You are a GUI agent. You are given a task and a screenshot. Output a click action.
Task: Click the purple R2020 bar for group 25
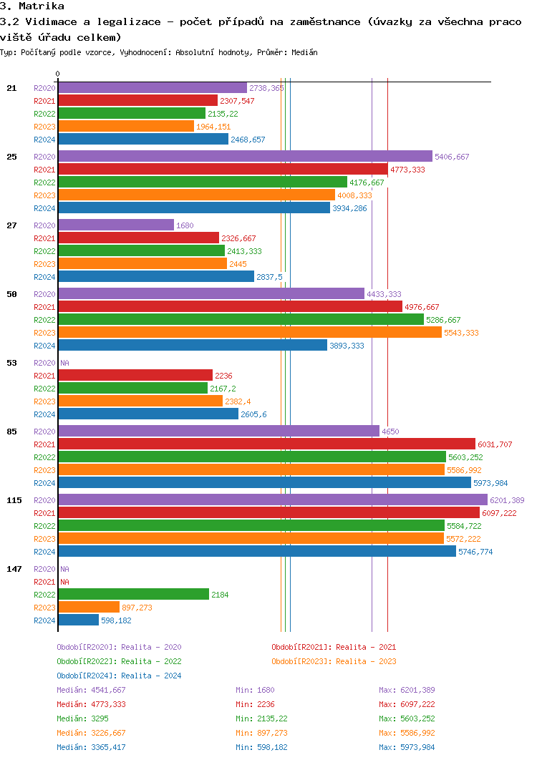[x=245, y=156]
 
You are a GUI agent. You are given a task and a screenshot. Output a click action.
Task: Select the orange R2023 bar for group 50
[x=250, y=333]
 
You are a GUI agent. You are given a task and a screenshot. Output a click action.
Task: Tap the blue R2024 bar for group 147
[x=79, y=620]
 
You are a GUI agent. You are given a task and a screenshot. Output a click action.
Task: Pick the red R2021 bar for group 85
[x=266, y=444]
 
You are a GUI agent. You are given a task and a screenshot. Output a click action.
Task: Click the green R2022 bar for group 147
[x=133, y=594]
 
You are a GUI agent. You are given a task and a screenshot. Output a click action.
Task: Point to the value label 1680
[x=185, y=225]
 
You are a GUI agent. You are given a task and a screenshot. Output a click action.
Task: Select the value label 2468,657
[x=248, y=140]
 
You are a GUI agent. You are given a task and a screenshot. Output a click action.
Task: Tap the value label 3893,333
[x=347, y=346]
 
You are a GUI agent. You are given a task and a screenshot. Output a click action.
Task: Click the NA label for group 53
[x=64, y=363]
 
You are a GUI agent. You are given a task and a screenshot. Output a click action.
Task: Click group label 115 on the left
[x=14, y=500]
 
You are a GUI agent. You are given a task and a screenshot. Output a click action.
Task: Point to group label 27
[x=11, y=225]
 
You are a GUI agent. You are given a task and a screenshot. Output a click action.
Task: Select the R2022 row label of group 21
[x=44, y=114]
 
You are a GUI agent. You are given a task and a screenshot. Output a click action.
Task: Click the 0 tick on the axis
[x=58, y=74]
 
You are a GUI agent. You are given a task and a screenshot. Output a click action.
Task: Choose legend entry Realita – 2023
[x=334, y=661]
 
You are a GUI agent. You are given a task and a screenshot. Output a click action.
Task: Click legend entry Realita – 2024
[x=119, y=676]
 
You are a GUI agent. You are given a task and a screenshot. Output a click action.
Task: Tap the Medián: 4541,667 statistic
[x=91, y=690]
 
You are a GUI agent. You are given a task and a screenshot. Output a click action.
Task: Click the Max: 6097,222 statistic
[x=407, y=704]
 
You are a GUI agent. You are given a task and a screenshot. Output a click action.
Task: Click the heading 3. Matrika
[x=32, y=6]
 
